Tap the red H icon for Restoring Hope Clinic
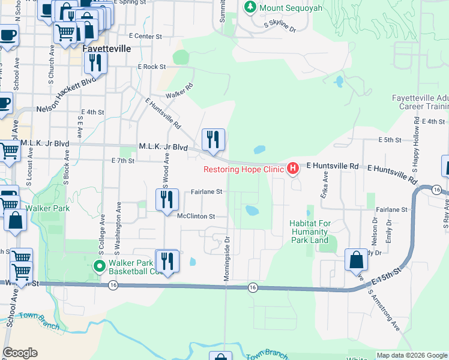pyautogui.click(x=292, y=169)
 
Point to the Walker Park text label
pyautogui.click(x=52, y=208)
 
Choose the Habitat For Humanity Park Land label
pyautogui.click(x=309, y=232)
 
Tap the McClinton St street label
pyautogui.click(x=195, y=216)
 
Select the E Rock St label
pyautogui.click(x=151, y=67)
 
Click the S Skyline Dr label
pyautogui.click(x=280, y=26)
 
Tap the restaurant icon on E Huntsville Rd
pyautogui.click(x=213, y=140)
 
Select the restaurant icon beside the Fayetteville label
pyautogui.click(x=95, y=62)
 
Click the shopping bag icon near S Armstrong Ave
pyautogui.click(x=357, y=260)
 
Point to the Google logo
pyautogui.click(x=20, y=353)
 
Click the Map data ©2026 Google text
pyautogui.click(x=411, y=355)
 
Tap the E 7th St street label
pyautogui.click(x=124, y=161)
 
